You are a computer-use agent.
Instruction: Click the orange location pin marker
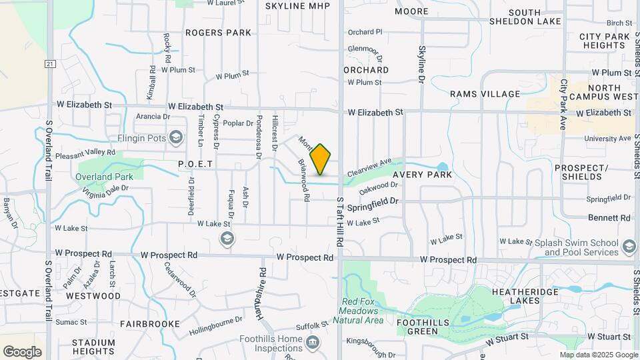click(x=321, y=159)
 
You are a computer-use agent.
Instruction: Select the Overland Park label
click(x=105, y=177)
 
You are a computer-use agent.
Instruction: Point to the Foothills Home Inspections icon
click(x=313, y=343)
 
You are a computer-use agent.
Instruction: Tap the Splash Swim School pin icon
click(x=629, y=248)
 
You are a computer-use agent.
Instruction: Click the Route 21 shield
click(x=49, y=64)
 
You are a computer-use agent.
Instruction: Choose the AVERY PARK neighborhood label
click(x=422, y=175)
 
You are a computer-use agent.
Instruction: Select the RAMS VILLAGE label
click(x=485, y=94)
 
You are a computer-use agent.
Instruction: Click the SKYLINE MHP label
click(x=297, y=6)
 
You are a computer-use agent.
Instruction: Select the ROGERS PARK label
click(x=218, y=32)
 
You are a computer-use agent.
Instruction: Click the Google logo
click(x=22, y=351)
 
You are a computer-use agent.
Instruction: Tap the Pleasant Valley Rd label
click(x=85, y=153)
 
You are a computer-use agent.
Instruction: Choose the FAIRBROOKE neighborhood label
click(x=149, y=323)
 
